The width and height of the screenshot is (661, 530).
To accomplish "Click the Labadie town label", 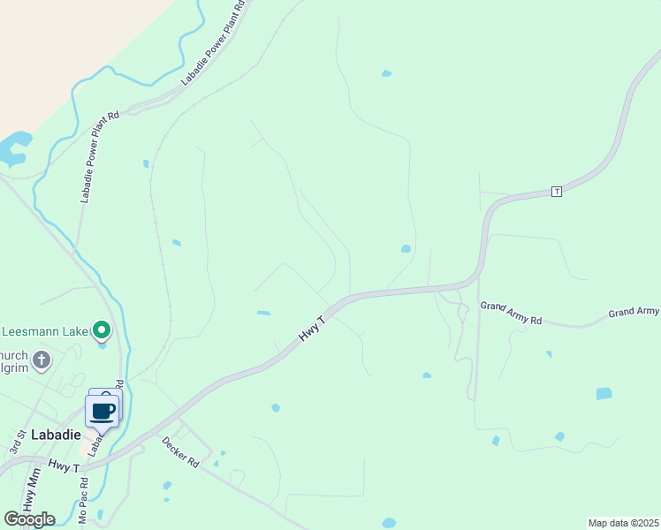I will [56, 435].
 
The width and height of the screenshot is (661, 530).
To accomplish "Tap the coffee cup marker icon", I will [103, 412].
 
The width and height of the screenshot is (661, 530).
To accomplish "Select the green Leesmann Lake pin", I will [102, 331].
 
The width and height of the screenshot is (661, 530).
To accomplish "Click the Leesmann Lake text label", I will [44, 332].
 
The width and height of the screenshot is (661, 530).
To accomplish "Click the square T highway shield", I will [556, 192].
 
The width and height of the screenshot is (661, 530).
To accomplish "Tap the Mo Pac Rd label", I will [84, 502].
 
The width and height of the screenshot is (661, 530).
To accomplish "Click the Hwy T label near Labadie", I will [65, 465].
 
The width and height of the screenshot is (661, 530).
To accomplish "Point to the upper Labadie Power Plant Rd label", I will [212, 43].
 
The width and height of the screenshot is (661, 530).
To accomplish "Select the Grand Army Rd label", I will [511, 313].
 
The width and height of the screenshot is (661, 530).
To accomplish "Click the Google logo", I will [29, 519].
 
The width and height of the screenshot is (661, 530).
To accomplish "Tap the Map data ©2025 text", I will [624, 523].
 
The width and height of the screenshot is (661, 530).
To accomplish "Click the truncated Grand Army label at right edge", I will [634, 312].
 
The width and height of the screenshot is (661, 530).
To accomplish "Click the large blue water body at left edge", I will [12, 148].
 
